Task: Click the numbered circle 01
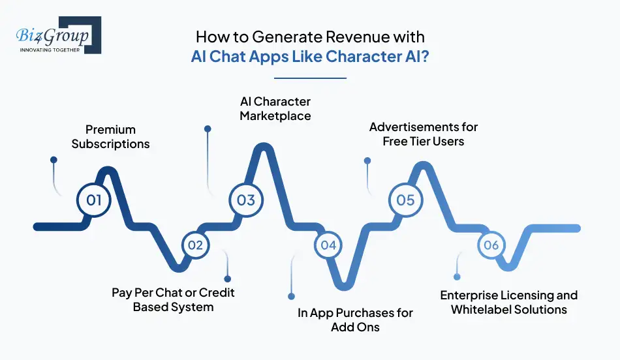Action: [95, 199]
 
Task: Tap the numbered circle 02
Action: [195, 245]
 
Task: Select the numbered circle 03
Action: [245, 199]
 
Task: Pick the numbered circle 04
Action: [328, 245]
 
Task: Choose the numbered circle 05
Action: [405, 199]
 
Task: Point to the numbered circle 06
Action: [491, 245]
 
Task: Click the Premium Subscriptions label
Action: [110, 136]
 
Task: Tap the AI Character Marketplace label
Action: [275, 109]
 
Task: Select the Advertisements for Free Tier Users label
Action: [424, 133]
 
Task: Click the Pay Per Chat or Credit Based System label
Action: [173, 299]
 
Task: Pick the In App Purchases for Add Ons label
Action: [355, 320]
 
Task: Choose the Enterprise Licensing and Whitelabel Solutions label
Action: [509, 302]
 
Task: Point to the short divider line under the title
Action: [309, 78]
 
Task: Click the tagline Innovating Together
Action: [50, 49]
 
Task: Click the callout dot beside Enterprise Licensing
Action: [457, 277]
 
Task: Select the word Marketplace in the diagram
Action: [275, 116]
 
